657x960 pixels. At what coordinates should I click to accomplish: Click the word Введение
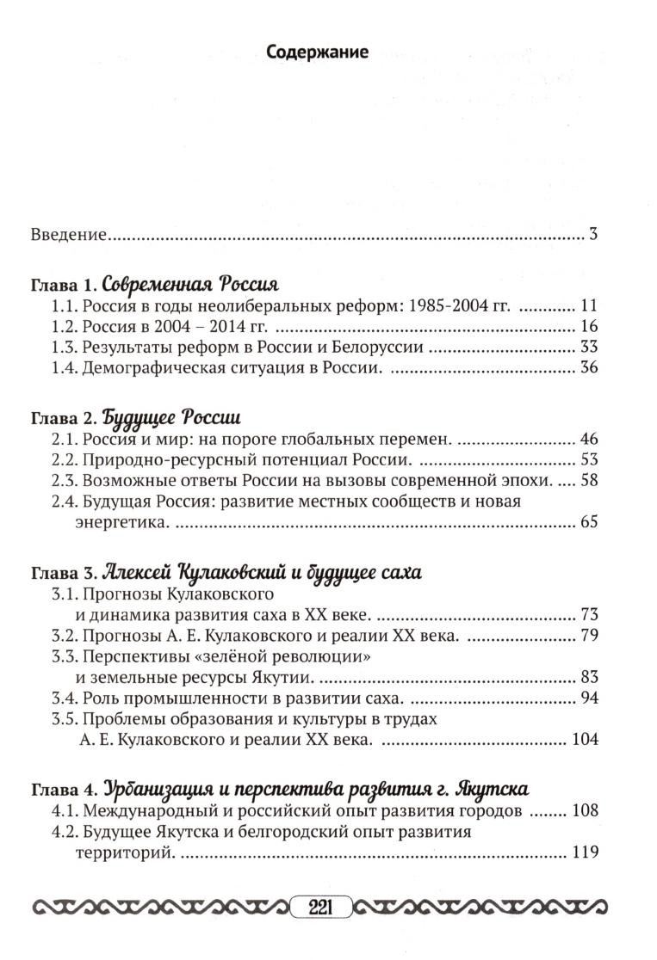pos(68,234)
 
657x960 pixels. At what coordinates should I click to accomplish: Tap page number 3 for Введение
pos(593,234)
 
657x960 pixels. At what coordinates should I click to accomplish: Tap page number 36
pos(588,367)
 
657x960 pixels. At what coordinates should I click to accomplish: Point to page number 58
pos(588,480)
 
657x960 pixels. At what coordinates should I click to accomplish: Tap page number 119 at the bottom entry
pos(584,854)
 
